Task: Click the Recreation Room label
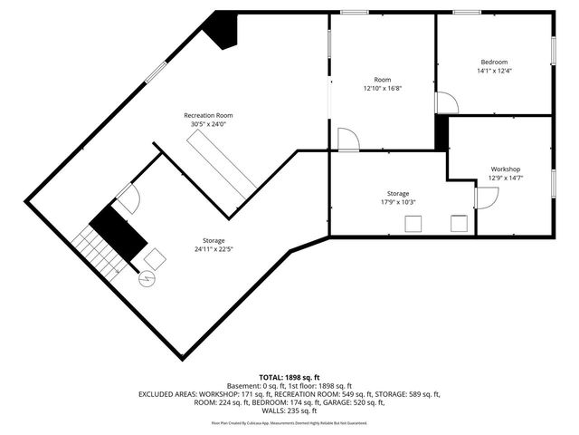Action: point(208,115)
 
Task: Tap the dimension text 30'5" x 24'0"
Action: point(208,124)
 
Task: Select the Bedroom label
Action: point(493,62)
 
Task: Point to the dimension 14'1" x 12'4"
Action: point(493,71)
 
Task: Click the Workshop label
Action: point(505,169)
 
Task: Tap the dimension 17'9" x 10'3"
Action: point(398,203)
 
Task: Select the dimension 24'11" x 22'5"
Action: point(214,249)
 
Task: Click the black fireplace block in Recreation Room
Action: point(220,32)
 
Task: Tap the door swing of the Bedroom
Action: point(447,102)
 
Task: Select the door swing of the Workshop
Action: point(485,197)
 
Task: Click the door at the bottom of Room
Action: point(348,140)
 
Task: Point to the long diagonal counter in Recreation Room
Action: point(219,162)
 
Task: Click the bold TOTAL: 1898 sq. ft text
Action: point(289,377)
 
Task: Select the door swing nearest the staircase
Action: point(127,198)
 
